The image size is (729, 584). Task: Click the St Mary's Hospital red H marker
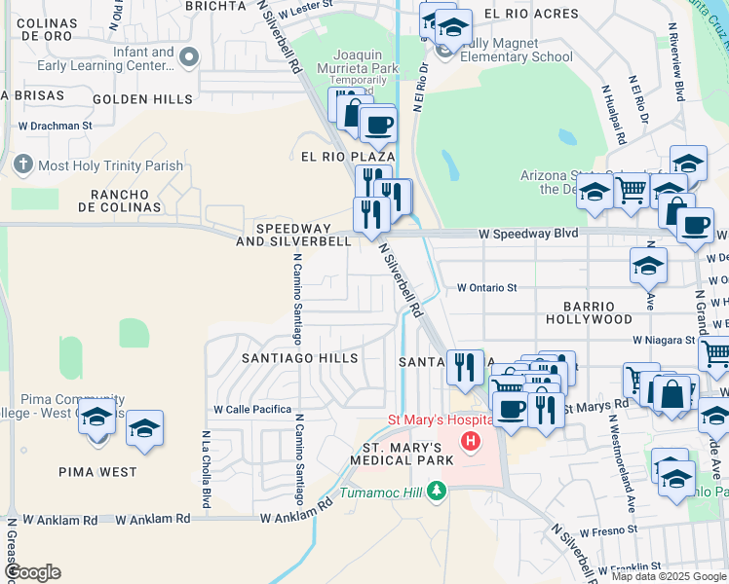point(472,442)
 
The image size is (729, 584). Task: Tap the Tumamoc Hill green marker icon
point(438,491)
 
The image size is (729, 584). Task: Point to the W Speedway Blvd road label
point(528,234)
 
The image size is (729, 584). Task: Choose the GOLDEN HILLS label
point(142,99)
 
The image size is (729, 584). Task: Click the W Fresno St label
point(606,531)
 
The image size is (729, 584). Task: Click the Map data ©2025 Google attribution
point(669,576)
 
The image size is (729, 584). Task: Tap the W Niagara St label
point(663,341)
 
